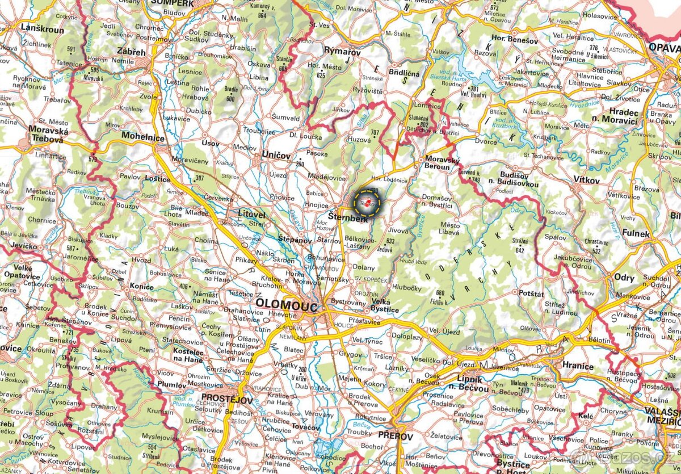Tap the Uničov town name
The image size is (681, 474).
point(276,155)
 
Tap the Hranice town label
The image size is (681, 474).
point(578,366)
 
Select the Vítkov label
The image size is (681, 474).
point(586,180)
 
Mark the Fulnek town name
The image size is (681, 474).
point(636,233)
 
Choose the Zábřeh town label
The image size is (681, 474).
point(131,52)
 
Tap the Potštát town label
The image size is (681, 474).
point(531,293)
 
